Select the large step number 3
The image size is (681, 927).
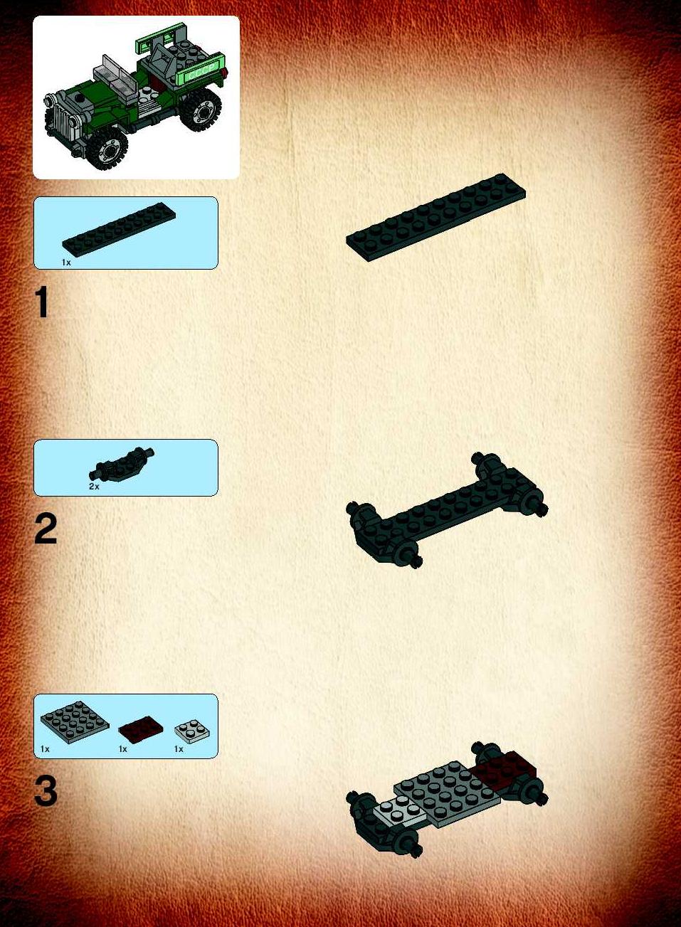tap(46, 791)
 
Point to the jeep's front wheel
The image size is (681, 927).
tap(108, 148)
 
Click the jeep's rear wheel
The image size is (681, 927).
tap(201, 110)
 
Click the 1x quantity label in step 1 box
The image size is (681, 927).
tap(66, 263)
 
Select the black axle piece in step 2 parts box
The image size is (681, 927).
tap(121, 465)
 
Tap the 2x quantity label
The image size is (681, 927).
tap(94, 487)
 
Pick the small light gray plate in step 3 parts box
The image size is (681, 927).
tap(192, 732)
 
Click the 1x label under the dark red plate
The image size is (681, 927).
tap(123, 749)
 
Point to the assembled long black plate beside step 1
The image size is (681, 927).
tap(436, 217)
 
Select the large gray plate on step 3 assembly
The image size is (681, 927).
tap(448, 791)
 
